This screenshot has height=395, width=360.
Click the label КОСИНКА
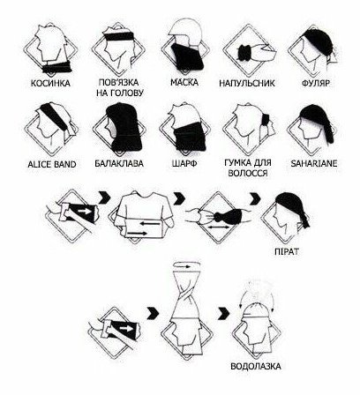pyautogui.click(x=50, y=84)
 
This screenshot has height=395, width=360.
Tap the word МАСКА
pyautogui.click(x=184, y=82)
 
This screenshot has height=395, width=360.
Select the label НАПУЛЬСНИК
pyautogui.click(x=247, y=83)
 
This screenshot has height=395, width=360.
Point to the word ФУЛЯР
pyautogui.click(x=316, y=83)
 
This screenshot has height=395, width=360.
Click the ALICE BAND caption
pyautogui.click(x=52, y=164)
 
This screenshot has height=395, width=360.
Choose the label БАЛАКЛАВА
pyautogui.click(x=119, y=163)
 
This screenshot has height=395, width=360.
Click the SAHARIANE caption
pyautogui.click(x=314, y=163)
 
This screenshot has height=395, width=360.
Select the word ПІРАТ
pyautogui.click(x=286, y=251)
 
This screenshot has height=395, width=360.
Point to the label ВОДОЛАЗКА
pyautogui.click(x=256, y=367)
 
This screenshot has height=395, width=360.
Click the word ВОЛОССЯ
pyautogui.click(x=248, y=173)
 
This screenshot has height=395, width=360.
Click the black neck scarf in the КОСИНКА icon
pyautogui.click(x=57, y=67)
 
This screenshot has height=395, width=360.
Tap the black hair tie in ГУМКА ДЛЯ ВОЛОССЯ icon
pyautogui.click(x=265, y=120)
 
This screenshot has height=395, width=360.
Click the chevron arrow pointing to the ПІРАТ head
pyautogui.click(x=255, y=199)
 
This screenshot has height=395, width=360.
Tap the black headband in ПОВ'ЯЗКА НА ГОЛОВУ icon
pyautogui.click(x=119, y=36)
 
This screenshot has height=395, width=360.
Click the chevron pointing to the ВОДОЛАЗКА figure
pyautogui.click(x=224, y=313)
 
